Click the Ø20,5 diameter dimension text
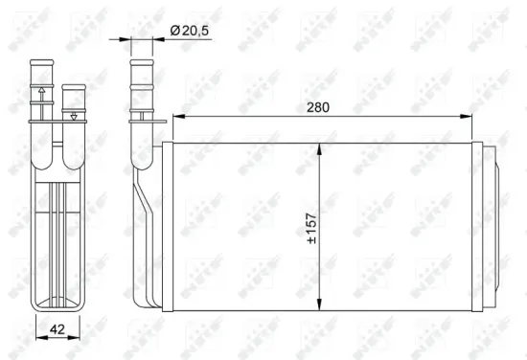(193, 32)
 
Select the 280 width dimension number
(319, 108)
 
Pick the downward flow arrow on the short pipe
(74, 115)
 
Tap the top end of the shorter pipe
(73, 87)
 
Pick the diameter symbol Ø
(175, 32)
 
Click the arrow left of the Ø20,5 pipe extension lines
(123, 39)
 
